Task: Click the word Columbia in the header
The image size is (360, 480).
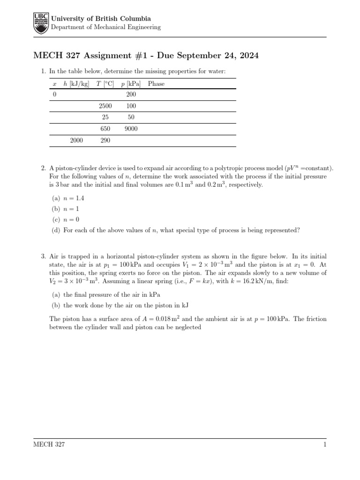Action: pyautogui.click(x=134, y=19)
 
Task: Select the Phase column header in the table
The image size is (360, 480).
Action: pyautogui.click(x=156, y=84)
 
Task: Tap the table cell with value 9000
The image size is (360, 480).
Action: pyautogui.click(x=131, y=129)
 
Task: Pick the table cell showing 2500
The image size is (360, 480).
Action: pyautogui.click(x=105, y=106)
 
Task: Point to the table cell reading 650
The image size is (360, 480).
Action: pyautogui.click(x=105, y=129)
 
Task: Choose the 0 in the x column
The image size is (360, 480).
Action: pyautogui.click(x=55, y=95)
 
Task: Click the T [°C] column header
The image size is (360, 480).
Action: pyautogui.click(x=105, y=84)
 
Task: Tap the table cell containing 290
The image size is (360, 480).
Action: pyautogui.click(x=105, y=140)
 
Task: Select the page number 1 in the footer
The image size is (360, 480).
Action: pyautogui.click(x=324, y=444)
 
